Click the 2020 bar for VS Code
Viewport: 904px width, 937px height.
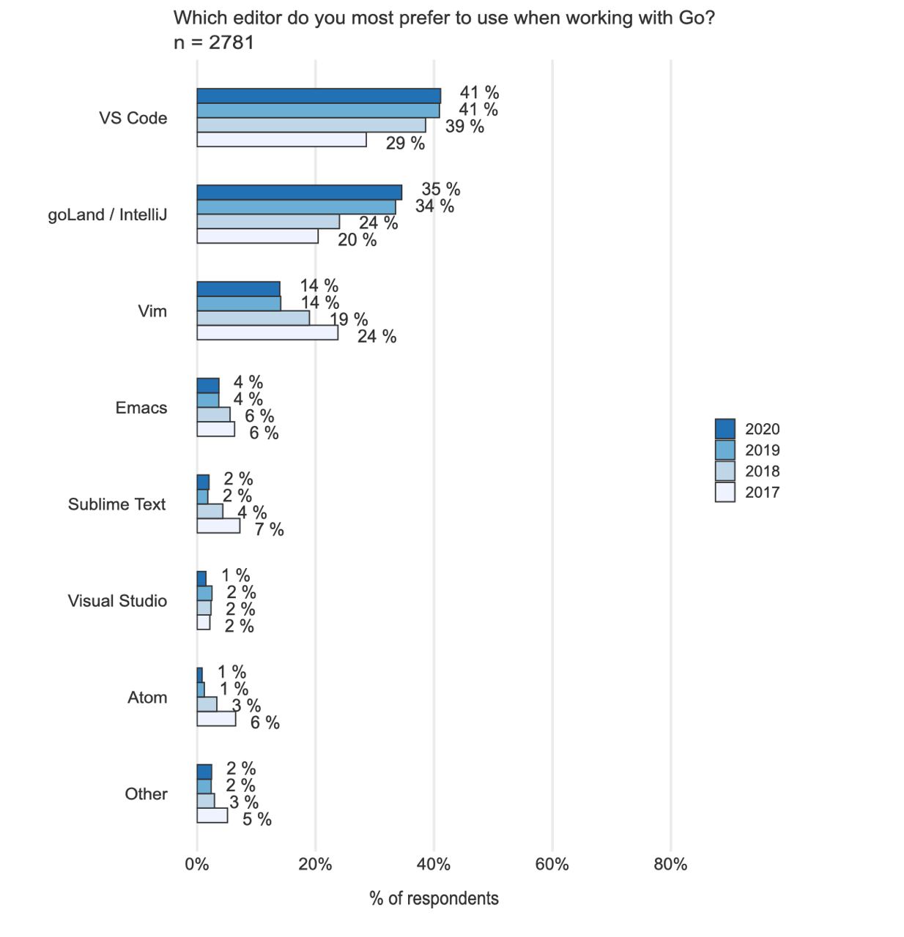pyautogui.click(x=319, y=96)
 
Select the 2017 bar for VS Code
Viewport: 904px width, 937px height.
pyautogui.click(x=281, y=140)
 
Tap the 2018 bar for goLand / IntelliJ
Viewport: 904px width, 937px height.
pyautogui.click(x=268, y=222)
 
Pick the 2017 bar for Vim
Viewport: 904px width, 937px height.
pyautogui.click(x=267, y=333)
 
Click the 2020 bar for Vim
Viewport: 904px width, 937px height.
pyautogui.click(x=238, y=289)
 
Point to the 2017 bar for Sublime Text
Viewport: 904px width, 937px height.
pyautogui.click(x=218, y=526)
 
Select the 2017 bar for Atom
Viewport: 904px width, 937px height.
pyautogui.click(x=216, y=718)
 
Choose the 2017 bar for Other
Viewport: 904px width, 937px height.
pyautogui.click(x=212, y=815)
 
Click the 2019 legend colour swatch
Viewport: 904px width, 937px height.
pyautogui.click(x=725, y=449)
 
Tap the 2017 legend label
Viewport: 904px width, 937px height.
pyautogui.click(x=762, y=492)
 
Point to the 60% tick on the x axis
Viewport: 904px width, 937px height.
pyautogui.click(x=552, y=865)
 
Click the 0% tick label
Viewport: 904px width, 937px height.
pyautogui.click(x=196, y=865)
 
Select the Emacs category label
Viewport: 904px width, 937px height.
pyautogui.click(x=141, y=408)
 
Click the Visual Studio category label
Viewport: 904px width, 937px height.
pyautogui.click(x=117, y=601)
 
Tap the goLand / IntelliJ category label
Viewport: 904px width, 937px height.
pyautogui.click(x=108, y=214)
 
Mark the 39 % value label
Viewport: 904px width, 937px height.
pyautogui.click(x=464, y=126)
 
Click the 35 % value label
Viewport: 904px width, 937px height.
pyautogui.click(x=441, y=189)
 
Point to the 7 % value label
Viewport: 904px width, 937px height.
pyautogui.click(x=270, y=529)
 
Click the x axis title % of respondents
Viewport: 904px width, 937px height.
pyautogui.click(x=434, y=898)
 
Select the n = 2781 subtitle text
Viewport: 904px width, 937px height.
pyautogui.click(x=213, y=43)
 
